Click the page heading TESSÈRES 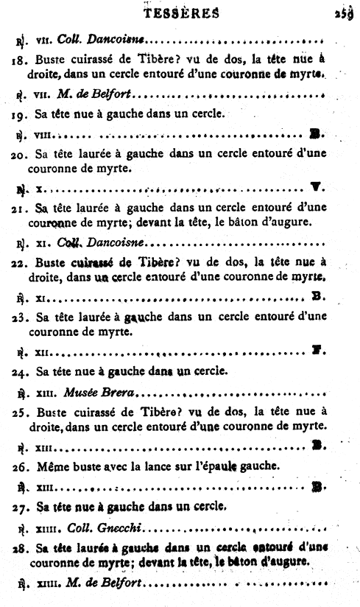[180, 12]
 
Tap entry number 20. [21, 153]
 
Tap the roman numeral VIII [44, 135]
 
